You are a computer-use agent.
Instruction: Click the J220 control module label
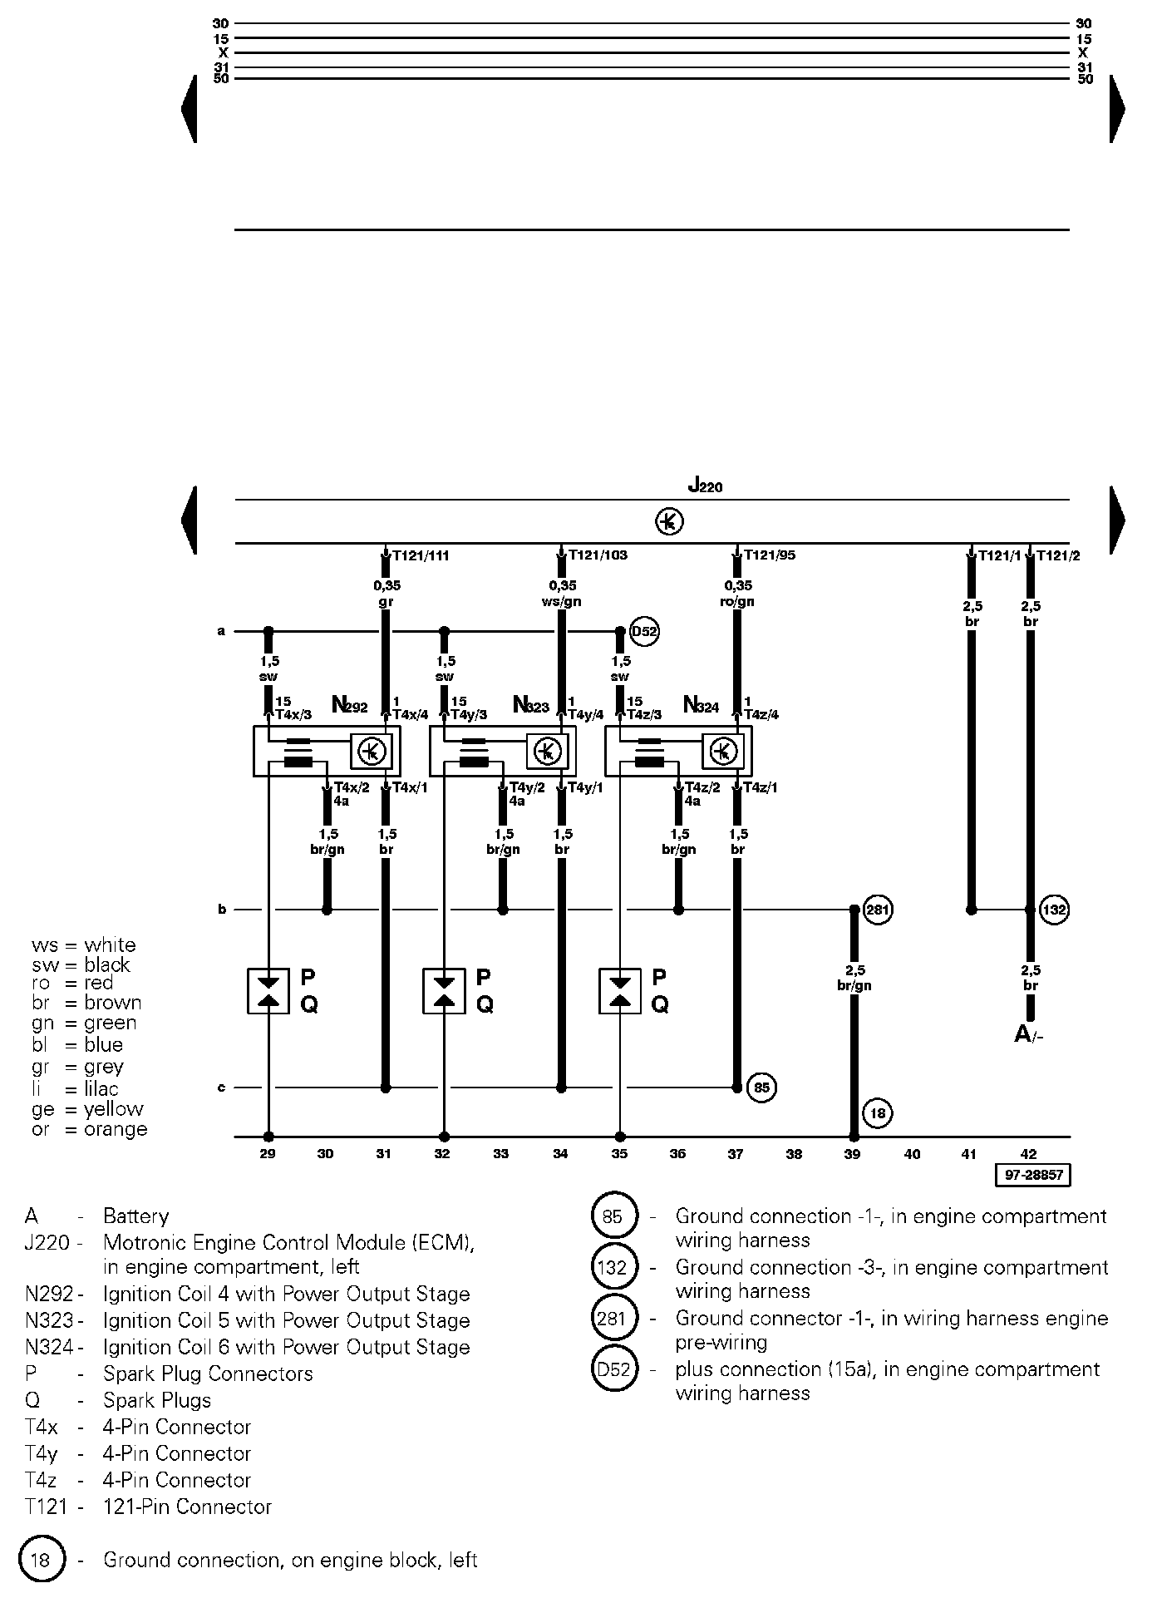click(705, 486)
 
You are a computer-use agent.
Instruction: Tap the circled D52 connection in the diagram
click(645, 632)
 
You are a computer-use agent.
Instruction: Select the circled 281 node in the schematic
click(878, 910)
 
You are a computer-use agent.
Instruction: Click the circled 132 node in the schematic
click(1054, 910)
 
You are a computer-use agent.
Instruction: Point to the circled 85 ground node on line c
click(761, 1087)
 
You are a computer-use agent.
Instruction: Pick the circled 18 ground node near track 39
click(878, 1112)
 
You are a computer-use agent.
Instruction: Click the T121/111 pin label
click(421, 555)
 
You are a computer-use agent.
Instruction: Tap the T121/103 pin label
click(597, 555)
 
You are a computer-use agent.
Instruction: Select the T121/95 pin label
click(770, 555)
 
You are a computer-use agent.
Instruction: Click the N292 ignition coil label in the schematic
click(349, 706)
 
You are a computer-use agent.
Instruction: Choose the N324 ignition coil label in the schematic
click(700, 706)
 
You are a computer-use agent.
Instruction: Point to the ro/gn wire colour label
click(737, 602)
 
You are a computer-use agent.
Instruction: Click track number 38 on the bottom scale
click(795, 1154)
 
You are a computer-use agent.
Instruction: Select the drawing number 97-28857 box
click(1032, 1176)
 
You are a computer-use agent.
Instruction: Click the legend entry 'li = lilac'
click(75, 1088)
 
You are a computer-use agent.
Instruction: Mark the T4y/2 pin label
click(527, 788)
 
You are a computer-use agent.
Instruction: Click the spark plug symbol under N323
click(444, 990)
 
